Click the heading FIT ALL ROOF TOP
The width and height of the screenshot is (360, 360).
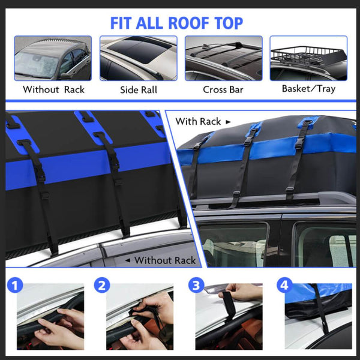176,23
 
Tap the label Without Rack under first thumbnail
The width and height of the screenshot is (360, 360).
53,89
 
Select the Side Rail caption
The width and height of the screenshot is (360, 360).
138,89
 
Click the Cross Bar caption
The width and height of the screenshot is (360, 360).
223,89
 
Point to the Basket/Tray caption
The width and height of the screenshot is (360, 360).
308,89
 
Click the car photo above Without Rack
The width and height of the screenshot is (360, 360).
53,58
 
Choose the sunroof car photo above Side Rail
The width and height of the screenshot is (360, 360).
138,58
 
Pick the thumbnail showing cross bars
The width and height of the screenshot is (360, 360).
223,58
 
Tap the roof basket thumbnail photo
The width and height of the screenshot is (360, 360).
308,58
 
